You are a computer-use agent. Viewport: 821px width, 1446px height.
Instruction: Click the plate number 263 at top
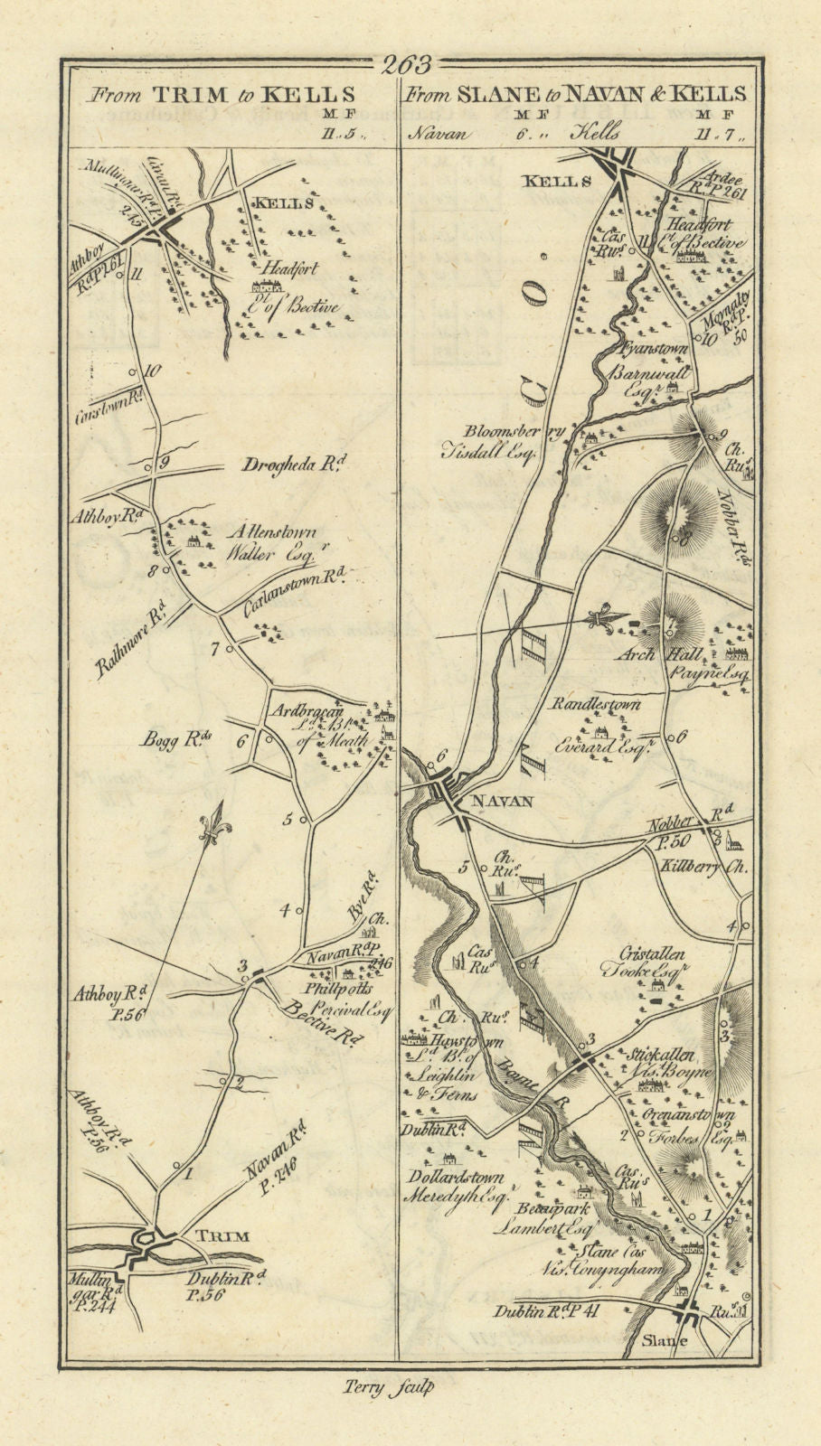tap(408, 65)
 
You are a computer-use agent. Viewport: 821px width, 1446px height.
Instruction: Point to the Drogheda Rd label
tap(281, 465)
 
